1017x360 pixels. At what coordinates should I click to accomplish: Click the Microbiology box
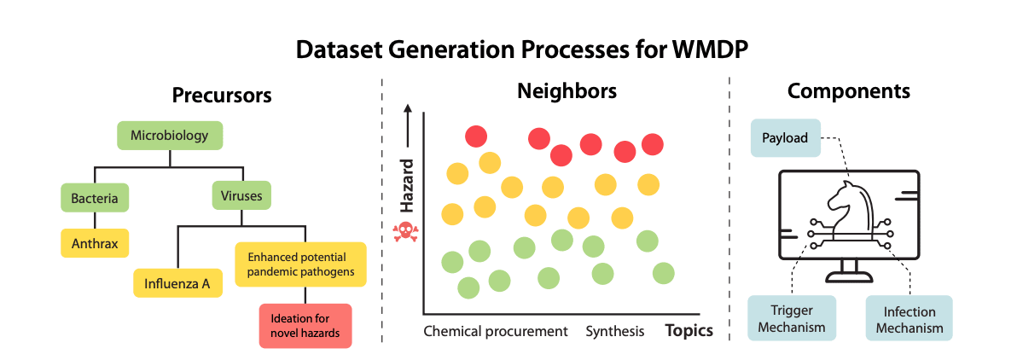[170, 136]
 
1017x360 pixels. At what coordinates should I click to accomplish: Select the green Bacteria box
[95, 198]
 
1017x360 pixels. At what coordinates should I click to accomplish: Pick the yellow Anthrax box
[95, 243]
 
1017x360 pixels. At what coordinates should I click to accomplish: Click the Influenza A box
[177, 283]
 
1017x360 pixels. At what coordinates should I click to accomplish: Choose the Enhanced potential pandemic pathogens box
[300, 264]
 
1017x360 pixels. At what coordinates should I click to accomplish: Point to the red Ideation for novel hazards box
[305, 326]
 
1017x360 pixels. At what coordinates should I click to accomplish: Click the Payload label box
[786, 137]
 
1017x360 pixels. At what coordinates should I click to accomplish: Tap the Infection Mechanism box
[909, 318]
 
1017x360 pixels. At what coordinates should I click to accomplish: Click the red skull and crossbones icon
[407, 231]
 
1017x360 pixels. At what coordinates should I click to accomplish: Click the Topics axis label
[689, 331]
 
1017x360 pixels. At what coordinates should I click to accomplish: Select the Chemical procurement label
[496, 332]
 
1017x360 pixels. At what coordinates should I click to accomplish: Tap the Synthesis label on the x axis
[615, 332]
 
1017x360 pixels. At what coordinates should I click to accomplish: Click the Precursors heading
[221, 96]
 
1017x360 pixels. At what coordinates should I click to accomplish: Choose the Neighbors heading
[567, 91]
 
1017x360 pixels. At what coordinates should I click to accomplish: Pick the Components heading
[848, 91]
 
